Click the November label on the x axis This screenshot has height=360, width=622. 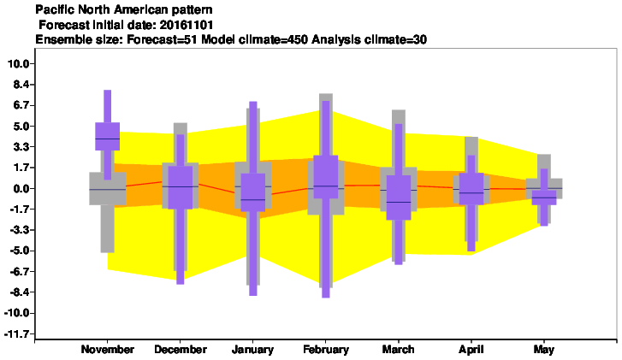coord(108,349)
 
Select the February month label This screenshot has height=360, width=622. coord(326,349)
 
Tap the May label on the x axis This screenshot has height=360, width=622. coord(543,350)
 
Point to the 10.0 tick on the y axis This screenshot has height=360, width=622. coord(19,64)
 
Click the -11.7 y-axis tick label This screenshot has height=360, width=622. coord(17,333)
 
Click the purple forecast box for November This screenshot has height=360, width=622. coord(108,136)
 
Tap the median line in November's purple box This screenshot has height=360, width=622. coord(108,139)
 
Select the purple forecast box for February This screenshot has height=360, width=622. coord(326,177)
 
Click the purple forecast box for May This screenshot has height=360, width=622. coord(544,198)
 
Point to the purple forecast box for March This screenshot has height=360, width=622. coord(399,198)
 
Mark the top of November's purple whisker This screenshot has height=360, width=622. coord(108,91)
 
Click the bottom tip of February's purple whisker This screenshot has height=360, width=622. coord(326,298)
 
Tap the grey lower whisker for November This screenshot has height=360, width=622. coord(108,228)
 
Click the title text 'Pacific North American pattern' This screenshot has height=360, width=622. coord(124,9)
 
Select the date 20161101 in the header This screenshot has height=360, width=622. coord(187,26)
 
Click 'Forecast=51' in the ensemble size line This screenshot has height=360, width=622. coord(163,39)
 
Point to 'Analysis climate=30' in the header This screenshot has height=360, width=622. coord(370,39)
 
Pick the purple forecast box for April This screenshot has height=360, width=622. coord(471,189)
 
